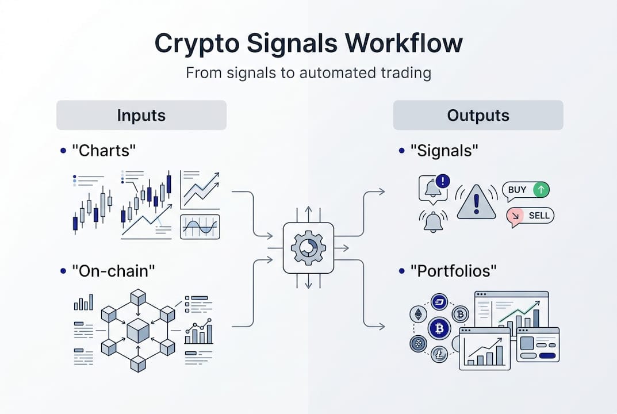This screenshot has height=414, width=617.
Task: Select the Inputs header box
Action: coord(141,115)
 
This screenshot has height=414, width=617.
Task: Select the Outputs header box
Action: coord(478,115)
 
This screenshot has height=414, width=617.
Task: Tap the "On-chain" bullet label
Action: coord(114,271)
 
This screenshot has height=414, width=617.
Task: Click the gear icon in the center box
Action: coord(308,248)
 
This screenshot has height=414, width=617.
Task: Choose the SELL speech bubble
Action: coord(530,216)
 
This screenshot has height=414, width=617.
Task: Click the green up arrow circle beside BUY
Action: coord(541,190)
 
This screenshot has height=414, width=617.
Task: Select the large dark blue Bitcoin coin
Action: coord(439,328)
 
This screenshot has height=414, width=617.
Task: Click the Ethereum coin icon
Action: coord(418,314)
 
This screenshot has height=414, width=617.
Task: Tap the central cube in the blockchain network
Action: coord(138,330)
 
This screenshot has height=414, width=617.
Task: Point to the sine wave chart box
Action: coord(200,227)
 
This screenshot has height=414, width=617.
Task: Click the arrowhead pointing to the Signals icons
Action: coord(382,191)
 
